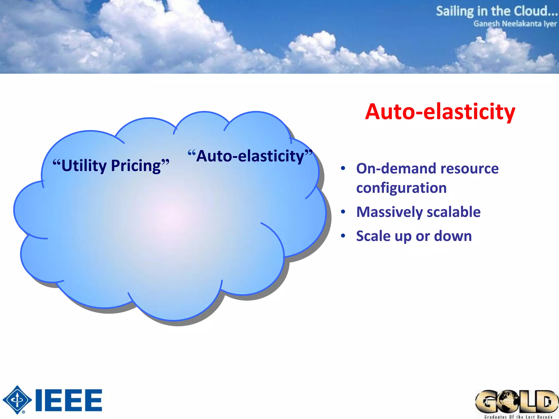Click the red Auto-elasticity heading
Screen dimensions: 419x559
coord(440,112)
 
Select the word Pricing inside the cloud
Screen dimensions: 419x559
coord(136,166)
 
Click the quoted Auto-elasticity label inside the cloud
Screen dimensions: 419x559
coord(250,156)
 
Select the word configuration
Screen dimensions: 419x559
coord(401,188)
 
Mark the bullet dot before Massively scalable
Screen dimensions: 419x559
coord(343,212)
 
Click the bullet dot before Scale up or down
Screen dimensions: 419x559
coord(343,236)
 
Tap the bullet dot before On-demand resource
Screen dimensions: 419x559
coord(343,168)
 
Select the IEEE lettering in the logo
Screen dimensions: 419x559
coord(69,400)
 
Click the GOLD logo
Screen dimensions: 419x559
coord(516,402)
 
